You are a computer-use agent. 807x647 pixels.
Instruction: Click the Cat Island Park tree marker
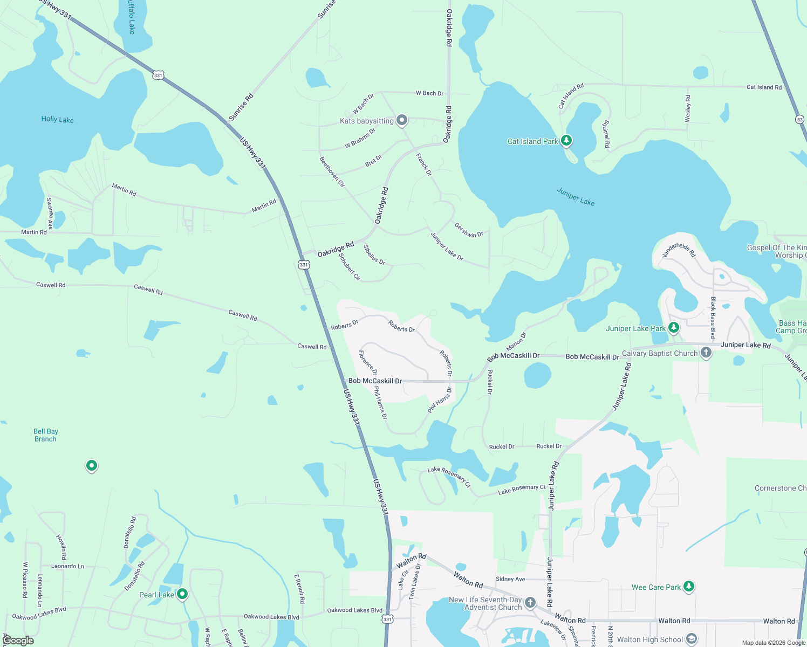[566, 141]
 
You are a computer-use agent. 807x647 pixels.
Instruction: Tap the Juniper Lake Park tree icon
[673, 327]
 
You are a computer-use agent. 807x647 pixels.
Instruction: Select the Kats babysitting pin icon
[402, 120]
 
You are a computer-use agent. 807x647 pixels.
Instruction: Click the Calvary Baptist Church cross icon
[706, 353]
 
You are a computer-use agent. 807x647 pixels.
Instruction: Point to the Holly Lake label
[57, 119]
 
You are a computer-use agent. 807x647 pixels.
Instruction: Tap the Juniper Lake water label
[576, 197]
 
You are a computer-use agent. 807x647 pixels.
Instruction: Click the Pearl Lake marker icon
[182, 594]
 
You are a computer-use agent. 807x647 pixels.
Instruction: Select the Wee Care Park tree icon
[688, 586]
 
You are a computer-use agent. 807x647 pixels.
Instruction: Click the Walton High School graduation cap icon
[691, 639]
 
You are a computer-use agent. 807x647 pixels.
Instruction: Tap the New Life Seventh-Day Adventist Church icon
[530, 602]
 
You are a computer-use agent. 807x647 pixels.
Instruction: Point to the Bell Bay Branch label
[45, 435]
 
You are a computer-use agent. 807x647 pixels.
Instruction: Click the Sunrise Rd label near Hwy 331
[241, 107]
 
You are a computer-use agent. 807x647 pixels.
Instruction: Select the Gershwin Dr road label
[469, 230]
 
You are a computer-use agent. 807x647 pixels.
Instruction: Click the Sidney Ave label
[510, 579]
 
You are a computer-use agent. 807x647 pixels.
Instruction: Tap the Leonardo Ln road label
[67, 566]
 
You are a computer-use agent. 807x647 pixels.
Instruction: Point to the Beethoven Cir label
[332, 171]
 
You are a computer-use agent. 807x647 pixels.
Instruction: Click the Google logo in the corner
[18, 641]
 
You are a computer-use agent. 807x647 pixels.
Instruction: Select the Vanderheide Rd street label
[679, 250]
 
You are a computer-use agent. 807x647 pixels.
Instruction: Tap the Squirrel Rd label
[606, 134]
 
